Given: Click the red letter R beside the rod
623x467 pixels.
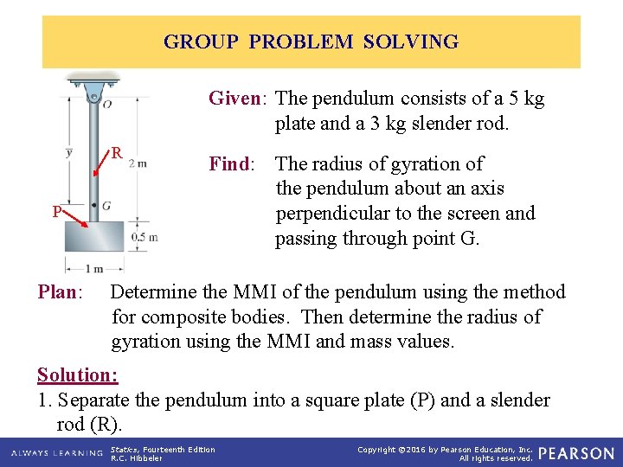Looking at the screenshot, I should pyautogui.click(x=114, y=154).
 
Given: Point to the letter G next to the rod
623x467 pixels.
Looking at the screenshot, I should pyautogui.click(x=106, y=206).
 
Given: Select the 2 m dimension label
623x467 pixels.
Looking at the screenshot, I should pyautogui.click(x=137, y=162).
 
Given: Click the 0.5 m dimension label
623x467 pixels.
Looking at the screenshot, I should pyautogui.click(x=143, y=237).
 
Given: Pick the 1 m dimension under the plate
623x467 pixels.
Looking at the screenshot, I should pyautogui.click(x=93, y=269).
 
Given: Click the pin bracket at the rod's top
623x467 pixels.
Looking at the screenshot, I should pyautogui.click(x=93, y=87).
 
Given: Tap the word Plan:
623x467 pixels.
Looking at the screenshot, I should pyautogui.click(x=60, y=292).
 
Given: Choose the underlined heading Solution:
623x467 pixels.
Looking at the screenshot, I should pyautogui.click(x=77, y=374).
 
